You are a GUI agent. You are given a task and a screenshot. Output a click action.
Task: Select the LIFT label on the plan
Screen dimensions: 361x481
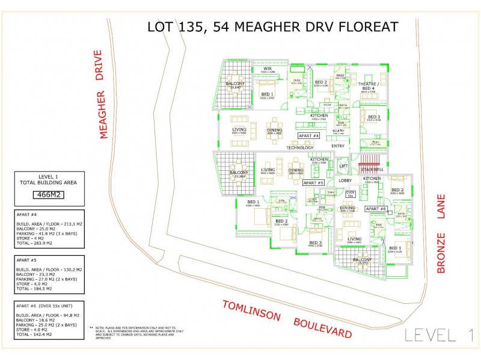[343, 166]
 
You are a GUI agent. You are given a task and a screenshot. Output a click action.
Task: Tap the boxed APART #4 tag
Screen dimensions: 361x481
[312, 136]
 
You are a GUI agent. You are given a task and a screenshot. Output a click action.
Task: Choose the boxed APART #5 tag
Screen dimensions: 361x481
[313, 182]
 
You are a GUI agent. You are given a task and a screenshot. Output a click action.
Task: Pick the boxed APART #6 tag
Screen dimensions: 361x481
[376, 209]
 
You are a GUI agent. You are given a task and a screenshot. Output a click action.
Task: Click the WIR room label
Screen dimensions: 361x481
[268, 69]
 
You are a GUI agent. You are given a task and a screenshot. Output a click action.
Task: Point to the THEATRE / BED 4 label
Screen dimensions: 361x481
[367, 86]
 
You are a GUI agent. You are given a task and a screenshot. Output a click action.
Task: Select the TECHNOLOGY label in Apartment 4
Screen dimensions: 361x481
[300, 147]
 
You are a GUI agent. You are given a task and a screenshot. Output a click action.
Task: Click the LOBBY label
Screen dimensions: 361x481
[345, 180]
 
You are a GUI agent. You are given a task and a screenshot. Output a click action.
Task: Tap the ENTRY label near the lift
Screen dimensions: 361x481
[338, 146]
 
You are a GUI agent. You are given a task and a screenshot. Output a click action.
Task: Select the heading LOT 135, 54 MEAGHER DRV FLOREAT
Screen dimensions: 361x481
[272, 27]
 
